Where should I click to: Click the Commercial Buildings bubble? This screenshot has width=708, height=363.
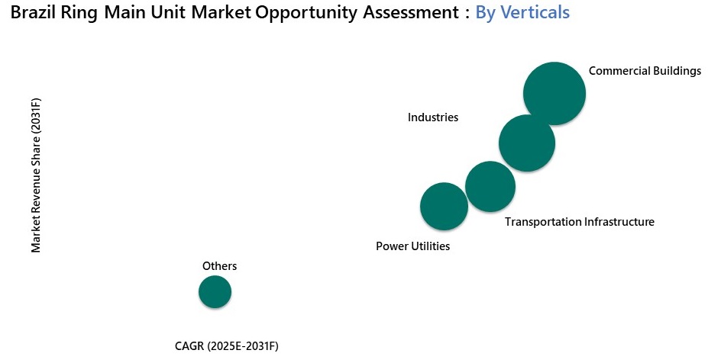554,93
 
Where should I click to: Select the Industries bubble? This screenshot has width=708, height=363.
526,143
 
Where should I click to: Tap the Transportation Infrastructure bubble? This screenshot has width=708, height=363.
490,186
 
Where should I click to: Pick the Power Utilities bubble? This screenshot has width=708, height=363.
444,206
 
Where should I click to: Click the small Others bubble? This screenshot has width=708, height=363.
215,291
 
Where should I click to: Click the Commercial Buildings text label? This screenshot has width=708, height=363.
645,71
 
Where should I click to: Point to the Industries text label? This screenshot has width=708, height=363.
432,117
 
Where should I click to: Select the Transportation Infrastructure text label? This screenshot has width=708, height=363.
580,222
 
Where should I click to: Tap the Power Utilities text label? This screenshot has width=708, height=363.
412,246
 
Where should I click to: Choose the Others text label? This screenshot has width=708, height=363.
219,266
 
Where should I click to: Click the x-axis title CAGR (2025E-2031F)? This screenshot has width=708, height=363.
227,347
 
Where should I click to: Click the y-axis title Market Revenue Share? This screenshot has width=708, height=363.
36,175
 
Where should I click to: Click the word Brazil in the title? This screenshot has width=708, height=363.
33,13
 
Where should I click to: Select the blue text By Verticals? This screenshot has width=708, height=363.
522,13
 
